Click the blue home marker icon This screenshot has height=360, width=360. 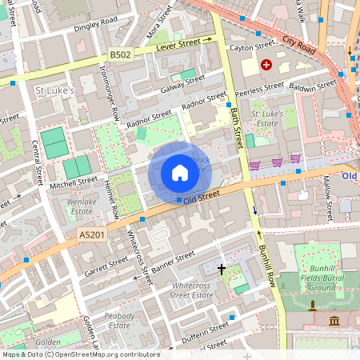[179, 173]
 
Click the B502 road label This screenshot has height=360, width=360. [120, 54]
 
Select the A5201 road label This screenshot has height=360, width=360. [90, 234]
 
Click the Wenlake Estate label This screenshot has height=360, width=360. [86, 207]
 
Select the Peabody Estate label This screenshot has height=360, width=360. [119, 320]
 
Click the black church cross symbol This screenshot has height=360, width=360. [222, 270]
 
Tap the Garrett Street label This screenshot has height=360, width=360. [106, 266]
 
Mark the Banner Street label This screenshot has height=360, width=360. [174, 261]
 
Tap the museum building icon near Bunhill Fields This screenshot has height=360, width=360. [334, 321]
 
